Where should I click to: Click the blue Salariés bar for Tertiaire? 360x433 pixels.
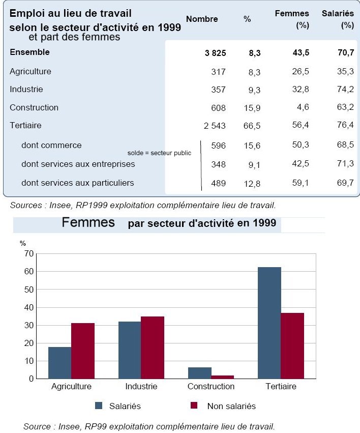tap(269, 323)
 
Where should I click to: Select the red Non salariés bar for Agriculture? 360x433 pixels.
tap(83, 351)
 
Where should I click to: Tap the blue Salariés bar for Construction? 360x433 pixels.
tap(200, 373)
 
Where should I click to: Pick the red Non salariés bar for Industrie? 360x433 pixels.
tap(153, 348)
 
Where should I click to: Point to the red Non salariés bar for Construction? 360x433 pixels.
tap(222, 377)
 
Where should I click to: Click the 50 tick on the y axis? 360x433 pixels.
tap(29, 290)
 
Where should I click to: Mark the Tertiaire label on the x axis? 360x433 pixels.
tap(281, 386)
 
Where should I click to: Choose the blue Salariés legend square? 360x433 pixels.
tap(99, 406)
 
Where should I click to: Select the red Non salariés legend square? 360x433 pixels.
tap(194, 405)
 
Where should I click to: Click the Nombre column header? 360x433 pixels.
tap(202, 19)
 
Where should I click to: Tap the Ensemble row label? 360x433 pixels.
tap(30, 52)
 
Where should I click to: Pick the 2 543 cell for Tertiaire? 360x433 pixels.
tap(215, 126)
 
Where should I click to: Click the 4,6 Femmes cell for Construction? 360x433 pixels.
tap(303, 107)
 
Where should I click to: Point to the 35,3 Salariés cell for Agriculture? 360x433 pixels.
tap(345, 71)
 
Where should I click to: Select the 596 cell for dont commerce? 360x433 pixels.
tap(219, 146)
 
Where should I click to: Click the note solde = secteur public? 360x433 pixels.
tap(159, 153)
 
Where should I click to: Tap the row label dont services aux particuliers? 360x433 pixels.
tap(77, 183)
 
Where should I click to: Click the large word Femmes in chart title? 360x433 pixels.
tap(88, 222)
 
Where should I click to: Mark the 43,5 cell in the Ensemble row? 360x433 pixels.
tap(301, 52)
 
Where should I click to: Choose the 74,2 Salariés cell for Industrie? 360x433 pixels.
tap(345, 89)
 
